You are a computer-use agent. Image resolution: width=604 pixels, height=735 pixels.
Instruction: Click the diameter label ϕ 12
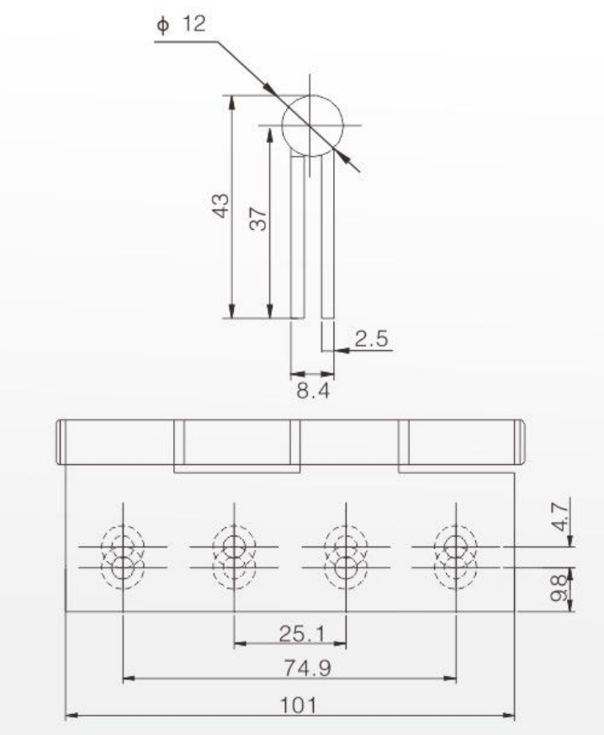[181, 24]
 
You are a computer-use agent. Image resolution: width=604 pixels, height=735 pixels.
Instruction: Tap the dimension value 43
[221, 205]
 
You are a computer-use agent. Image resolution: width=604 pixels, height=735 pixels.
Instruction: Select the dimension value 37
[258, 218]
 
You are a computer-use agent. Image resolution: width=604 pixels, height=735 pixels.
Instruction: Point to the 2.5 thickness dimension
[371, 338]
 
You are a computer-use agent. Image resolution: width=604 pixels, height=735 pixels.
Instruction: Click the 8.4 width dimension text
[313, 390]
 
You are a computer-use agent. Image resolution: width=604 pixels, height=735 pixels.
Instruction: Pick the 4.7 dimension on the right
[560, 514]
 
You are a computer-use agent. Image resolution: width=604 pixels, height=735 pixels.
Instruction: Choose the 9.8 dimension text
[558, 589]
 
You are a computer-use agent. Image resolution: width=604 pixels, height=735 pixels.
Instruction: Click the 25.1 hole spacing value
[302, 634]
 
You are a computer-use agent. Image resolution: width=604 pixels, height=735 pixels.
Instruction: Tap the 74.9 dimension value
[308, 668]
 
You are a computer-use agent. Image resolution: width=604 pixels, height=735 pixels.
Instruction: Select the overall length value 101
[298, 705]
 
